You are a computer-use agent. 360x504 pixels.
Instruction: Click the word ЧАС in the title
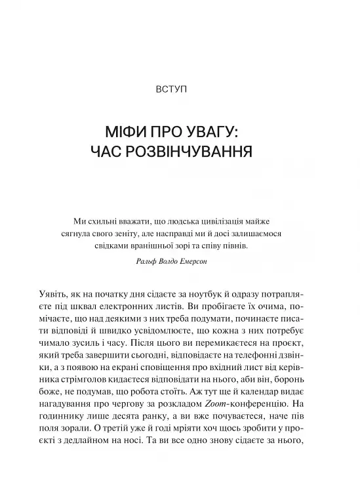pos(109,152)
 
